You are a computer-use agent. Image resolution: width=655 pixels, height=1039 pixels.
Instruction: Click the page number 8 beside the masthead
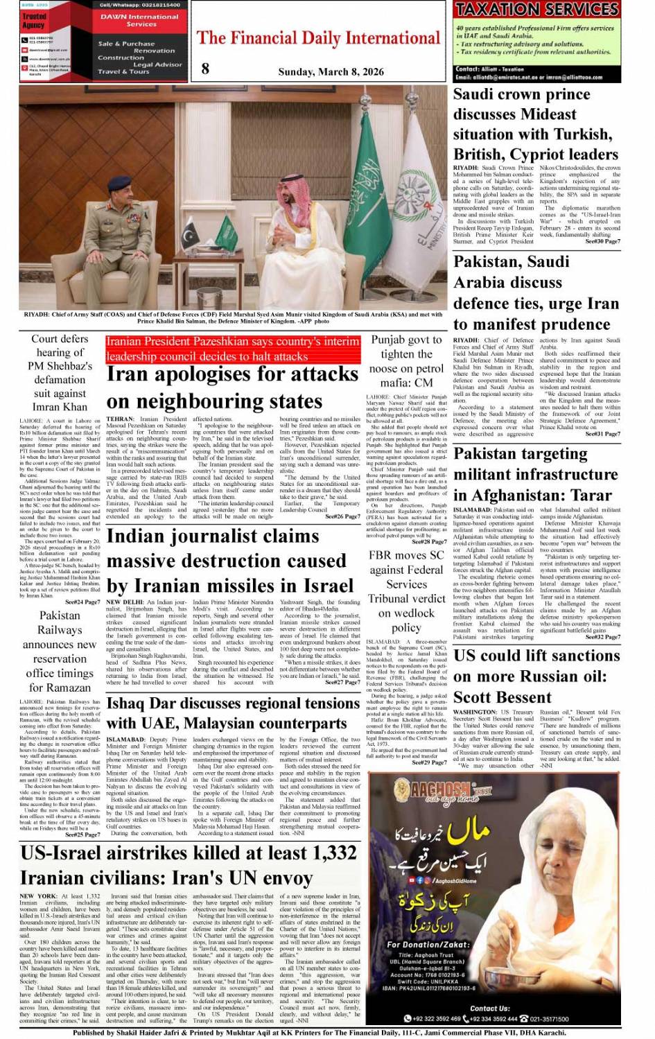tap(205, 68)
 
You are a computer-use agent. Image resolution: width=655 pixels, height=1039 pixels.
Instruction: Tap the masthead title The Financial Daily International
tap(319, 38)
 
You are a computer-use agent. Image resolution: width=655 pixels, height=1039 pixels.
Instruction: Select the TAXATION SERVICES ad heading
tap(536, 10)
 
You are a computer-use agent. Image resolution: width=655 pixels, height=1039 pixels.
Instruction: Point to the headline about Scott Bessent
tap(530, 676)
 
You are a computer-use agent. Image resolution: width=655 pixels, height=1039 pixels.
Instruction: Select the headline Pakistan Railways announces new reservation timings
tap(60, 651)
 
